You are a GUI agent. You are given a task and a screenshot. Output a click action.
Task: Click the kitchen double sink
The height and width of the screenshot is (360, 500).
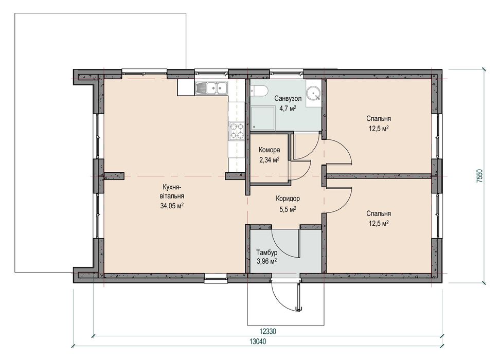click(211, 88)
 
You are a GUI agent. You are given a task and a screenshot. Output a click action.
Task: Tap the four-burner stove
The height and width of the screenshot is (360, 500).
click(237, 131)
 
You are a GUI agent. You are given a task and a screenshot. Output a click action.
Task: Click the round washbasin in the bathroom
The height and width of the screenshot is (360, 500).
click(313, 94)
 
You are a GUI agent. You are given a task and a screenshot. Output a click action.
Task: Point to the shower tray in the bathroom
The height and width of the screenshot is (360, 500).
click(262, 118)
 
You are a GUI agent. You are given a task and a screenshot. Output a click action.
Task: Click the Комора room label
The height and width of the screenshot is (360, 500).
click(270, 150)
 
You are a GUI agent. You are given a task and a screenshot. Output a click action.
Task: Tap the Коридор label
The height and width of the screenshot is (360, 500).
click(288, 199)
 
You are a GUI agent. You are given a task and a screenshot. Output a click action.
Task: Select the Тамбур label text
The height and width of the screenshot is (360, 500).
click(266, 253)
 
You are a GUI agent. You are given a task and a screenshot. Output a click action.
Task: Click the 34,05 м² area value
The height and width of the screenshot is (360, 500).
click(172, 206)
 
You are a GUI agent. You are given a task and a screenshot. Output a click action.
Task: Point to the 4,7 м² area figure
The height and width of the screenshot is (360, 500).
click(288, 109)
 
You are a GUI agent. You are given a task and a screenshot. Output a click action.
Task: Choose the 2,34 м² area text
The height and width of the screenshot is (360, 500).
click(270, 160)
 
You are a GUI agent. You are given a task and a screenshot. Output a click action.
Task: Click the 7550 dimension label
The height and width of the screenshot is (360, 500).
click(480, 176)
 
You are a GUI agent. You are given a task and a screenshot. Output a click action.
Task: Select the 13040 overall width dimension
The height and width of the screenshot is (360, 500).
click(258, 341)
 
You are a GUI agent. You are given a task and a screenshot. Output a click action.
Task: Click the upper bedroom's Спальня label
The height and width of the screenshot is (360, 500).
click(379, 119)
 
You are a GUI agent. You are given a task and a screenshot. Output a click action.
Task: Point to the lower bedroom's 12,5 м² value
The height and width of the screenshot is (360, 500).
click(379, 224)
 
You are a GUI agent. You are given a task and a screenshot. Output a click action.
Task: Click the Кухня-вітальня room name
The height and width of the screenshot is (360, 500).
click(172, 191)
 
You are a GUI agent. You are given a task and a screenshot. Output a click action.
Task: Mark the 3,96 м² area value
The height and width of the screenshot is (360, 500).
click(266, 262)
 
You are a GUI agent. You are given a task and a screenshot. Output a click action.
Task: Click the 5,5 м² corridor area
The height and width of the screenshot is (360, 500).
click(288, 209)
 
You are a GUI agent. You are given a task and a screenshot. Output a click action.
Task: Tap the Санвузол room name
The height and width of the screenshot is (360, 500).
click(288, 99)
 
